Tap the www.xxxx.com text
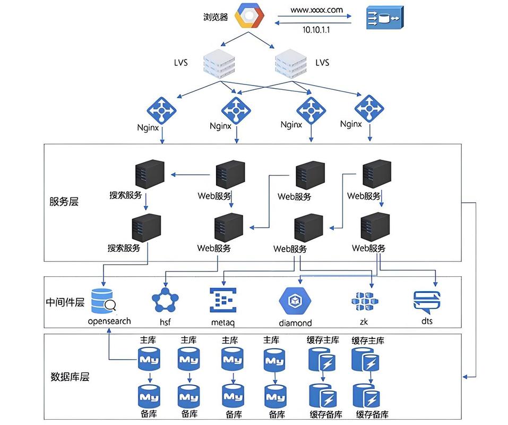click(316, 10)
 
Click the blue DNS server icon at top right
click(384, 18)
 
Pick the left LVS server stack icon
click(219, 63)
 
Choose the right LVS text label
click(322, 63)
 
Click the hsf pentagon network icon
click(165, 301)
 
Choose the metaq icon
click(223, 300)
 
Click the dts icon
click(427, 302)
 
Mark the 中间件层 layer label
click(65, 302)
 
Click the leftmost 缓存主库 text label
click(323, 340)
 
